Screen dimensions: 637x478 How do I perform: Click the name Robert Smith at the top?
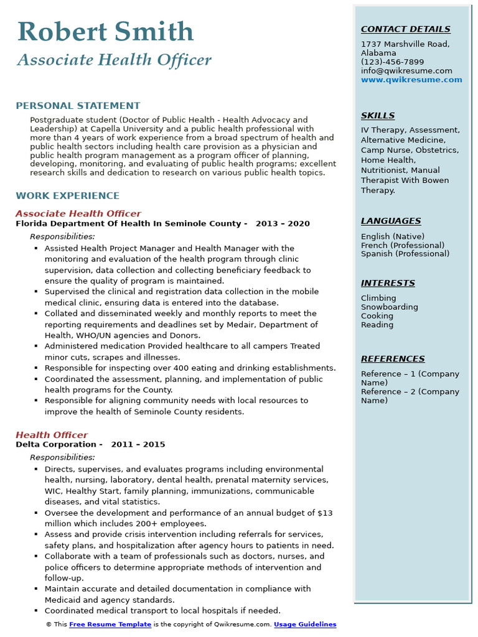[x=106, y=32]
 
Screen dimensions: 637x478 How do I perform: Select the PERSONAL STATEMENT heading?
[x=78, y=106]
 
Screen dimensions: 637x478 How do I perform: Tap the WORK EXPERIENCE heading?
[x=67, y=196]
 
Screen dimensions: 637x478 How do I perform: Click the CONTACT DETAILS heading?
[x=405, y=29]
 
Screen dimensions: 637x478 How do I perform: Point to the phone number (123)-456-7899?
[x=392, y=62]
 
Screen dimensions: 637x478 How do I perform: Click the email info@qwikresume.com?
[x=406, y=71]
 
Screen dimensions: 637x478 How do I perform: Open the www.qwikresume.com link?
[x=411, y=80]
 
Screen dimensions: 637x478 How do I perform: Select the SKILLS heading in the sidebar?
[x=377, y=116]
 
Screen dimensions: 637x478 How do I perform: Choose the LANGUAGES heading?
[x=390, y=221]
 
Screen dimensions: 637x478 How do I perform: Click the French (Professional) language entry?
[x=403, y=245]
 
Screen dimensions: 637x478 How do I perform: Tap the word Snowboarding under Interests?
[x=389, y=307]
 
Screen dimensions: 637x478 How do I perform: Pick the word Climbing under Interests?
[x=378, y=298]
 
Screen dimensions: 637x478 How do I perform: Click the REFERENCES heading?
[x=393, y=359]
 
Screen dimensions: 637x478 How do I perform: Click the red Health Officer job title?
[x=52, y=435]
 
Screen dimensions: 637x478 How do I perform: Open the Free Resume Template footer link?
[x=110, y=625]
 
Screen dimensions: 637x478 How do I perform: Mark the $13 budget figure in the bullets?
[x=325, y=513]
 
